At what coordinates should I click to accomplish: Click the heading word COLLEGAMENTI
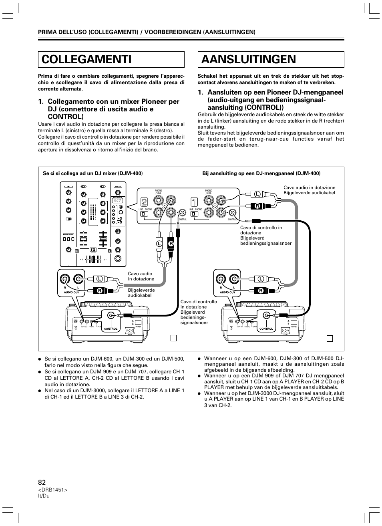86,59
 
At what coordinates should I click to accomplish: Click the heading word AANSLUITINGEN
249,59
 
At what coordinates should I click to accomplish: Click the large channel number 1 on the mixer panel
194,202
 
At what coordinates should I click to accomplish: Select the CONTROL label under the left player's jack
111,329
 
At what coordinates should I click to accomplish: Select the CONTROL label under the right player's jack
266,329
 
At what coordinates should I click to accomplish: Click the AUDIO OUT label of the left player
72,292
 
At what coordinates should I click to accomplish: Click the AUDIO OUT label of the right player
227,292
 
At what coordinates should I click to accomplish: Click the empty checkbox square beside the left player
173,338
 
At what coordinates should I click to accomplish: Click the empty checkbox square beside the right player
330,338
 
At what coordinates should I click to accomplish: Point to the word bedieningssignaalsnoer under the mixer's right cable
266,243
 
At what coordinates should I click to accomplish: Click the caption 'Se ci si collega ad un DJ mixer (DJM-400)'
93,173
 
